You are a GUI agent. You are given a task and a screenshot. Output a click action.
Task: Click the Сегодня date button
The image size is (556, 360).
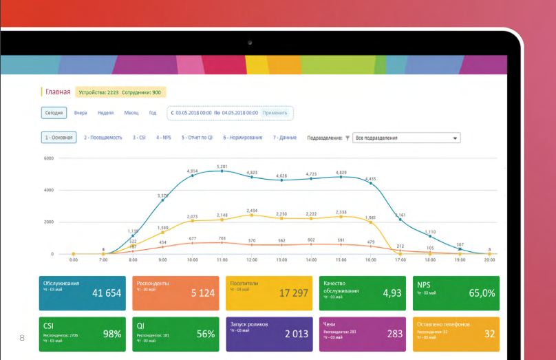54,113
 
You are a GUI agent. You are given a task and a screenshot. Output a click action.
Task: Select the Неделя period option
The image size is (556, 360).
105,113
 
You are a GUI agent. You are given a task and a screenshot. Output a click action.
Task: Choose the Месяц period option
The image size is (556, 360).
131,113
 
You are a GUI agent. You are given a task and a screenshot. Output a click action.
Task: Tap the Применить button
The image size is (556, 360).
275,113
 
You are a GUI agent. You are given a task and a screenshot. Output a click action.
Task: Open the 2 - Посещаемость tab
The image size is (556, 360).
103,138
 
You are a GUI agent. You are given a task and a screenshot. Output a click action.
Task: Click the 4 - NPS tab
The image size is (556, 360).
163,138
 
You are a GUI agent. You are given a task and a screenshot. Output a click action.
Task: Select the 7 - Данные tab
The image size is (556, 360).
285,138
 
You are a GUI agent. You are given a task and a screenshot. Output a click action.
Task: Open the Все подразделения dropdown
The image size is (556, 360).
406,138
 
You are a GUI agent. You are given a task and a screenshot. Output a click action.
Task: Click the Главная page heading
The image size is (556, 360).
58,92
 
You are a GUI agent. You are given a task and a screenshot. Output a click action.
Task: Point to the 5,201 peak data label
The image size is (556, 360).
222,167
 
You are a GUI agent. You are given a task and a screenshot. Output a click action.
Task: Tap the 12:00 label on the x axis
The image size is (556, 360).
252,261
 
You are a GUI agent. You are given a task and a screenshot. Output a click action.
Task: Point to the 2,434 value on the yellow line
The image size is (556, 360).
252,211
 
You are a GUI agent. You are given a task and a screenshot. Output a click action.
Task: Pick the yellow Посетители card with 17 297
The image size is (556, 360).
268,293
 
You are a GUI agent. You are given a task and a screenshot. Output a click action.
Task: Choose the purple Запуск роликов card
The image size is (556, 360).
268,333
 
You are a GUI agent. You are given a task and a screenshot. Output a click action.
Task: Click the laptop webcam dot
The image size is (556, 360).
250,43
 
